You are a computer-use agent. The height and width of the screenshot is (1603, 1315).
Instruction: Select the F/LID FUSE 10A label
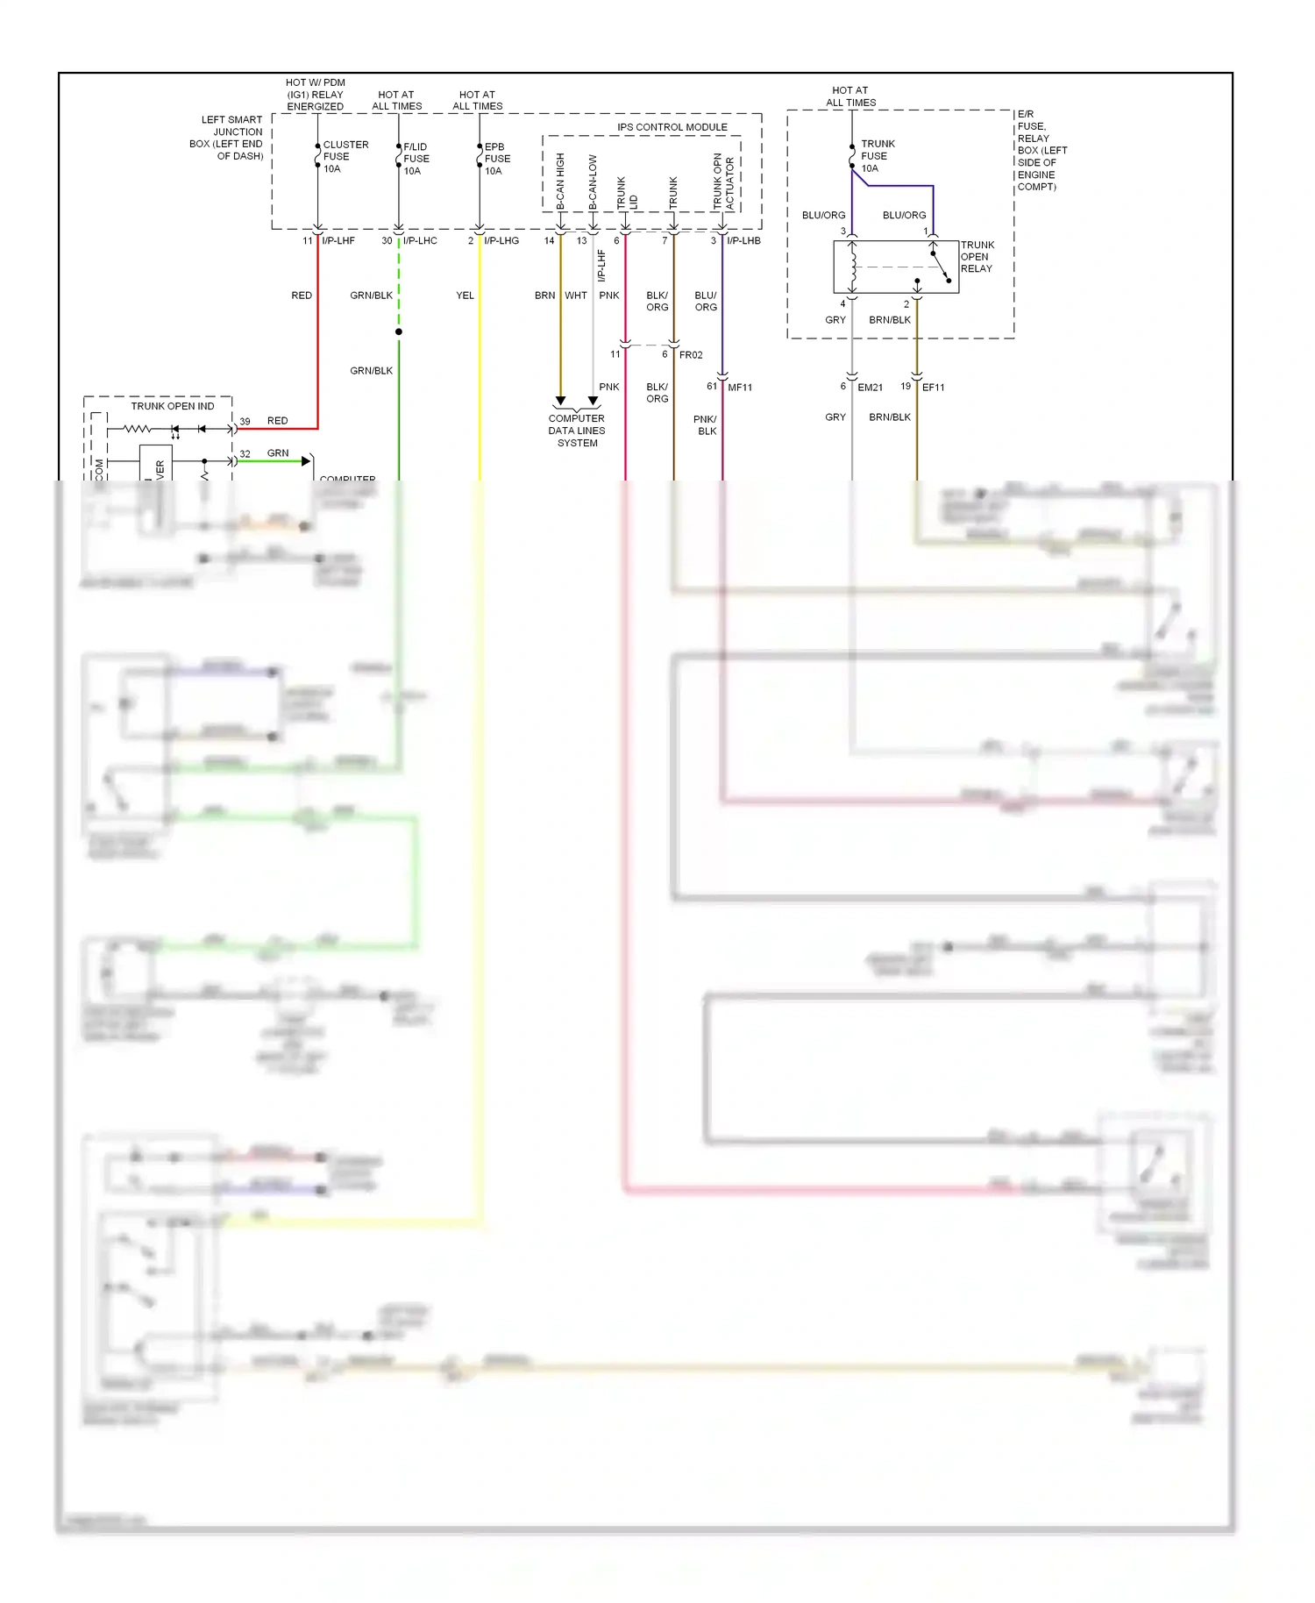pos(416,159)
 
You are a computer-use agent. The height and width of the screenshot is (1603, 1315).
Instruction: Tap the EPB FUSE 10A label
pos(496,159)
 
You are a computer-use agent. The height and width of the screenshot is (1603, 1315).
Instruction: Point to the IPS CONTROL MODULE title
pos(672,127)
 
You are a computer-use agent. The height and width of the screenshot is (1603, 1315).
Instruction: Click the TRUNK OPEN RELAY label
pos(977,257)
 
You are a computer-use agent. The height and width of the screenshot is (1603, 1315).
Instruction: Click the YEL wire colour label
pos(465,296)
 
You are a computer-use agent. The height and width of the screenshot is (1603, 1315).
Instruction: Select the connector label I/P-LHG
pos(501,240)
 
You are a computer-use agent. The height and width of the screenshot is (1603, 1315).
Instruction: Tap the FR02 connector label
pos(691,355)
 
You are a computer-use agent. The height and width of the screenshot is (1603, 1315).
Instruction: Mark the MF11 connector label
pos(740,388)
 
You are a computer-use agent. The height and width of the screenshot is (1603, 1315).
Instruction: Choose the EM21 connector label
pos(870,388)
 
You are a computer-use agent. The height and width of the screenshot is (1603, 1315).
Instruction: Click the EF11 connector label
pos(933,388)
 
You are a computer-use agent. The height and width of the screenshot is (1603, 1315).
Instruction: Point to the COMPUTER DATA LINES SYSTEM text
pos(577,431)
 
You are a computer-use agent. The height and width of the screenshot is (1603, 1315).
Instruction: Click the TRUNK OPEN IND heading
pos(172,406)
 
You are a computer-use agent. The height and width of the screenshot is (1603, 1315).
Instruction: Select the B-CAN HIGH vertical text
pos(561,182)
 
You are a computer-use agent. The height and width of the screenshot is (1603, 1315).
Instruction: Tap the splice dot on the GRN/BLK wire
pos(399,331)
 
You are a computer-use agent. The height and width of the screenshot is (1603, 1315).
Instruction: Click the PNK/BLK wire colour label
pos(706,425)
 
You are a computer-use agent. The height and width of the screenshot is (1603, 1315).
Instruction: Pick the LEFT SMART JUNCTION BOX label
pos(226,138)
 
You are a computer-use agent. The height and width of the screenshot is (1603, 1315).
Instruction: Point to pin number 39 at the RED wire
pos(245,422)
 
